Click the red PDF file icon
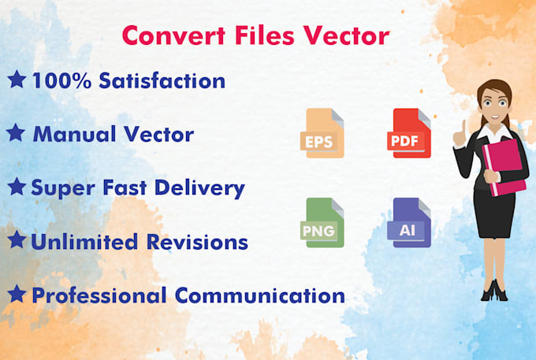pos(410,133)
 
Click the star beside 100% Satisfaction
pos(16,79)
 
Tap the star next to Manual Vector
pos(16,132)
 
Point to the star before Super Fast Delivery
pos(16,187)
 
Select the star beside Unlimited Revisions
pos(16,241)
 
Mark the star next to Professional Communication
pos(16,295)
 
